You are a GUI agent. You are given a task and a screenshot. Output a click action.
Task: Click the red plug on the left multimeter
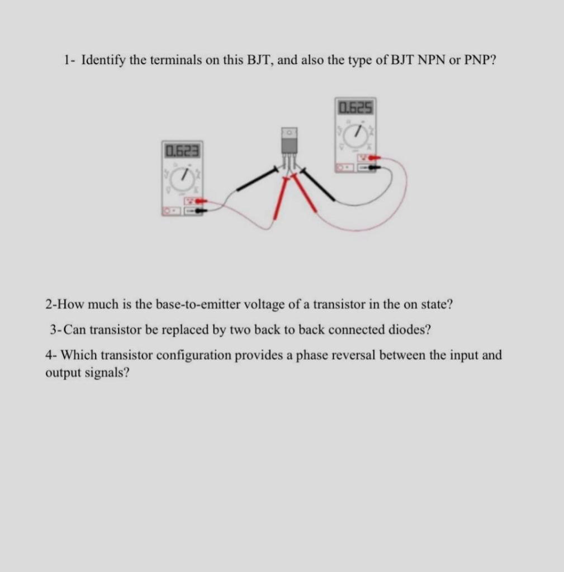click(x=200, y=200)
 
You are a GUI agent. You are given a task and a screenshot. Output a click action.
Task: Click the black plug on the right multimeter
click(x=373, y=166)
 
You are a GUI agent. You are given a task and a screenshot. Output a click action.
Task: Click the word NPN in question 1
click(x=428, y=60)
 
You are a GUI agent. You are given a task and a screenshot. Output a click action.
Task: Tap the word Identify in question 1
click(x=104, y=60)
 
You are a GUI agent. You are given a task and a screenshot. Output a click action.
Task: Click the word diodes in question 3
click(x=410, y=329)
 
